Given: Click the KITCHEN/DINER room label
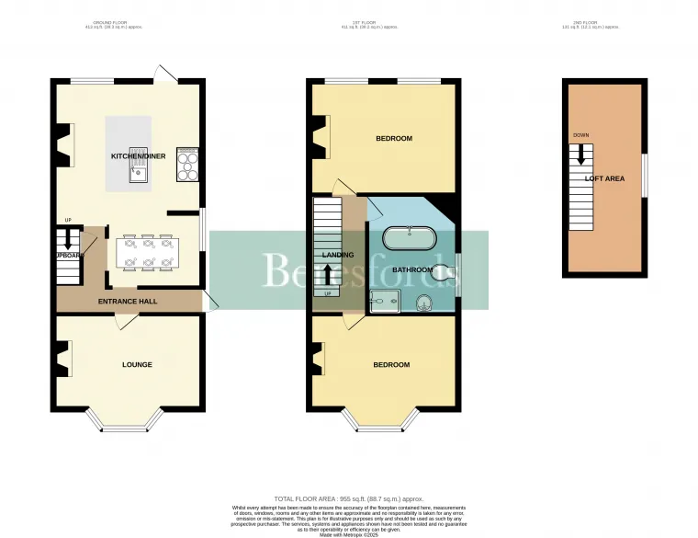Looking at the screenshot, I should pos(138,156).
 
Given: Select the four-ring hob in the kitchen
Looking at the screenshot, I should pos(189,166).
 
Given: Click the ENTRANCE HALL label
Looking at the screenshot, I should pos(129,301).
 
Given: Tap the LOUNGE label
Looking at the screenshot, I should pos(137,364).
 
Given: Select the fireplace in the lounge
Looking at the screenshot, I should pos(63,359).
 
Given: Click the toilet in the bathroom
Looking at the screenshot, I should pos(442,270).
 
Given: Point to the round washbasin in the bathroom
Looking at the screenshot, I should pos(425,303).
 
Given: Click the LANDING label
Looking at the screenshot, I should pos(331,255).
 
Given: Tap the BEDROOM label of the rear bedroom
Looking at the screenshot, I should pos(394,139).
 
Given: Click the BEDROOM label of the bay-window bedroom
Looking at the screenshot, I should pos(391,364).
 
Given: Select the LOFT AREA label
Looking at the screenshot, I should pos(604,178).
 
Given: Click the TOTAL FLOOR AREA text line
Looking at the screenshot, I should pos(349,498).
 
